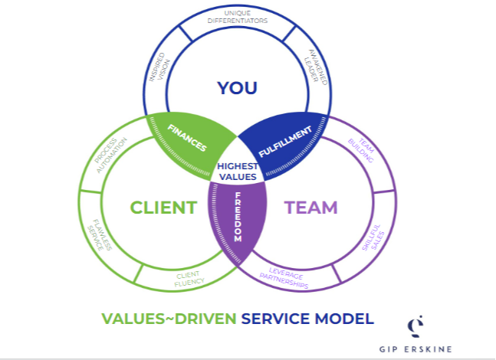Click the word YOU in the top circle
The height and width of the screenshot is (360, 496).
pos(236,88)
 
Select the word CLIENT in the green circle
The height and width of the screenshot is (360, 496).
pos(163,208)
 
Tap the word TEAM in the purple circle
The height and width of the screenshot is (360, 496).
pos(311,208)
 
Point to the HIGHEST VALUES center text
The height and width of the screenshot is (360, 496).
pos(236,171)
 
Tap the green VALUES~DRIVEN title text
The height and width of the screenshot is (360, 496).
pos(169,319)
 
